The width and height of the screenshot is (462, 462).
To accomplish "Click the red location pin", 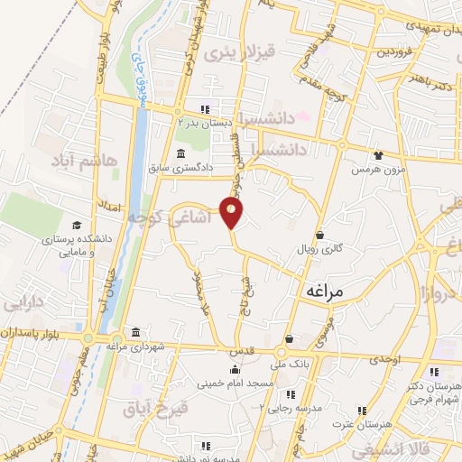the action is tap(233, 213).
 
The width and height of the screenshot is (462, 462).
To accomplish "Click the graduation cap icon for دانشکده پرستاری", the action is tap(77, 225).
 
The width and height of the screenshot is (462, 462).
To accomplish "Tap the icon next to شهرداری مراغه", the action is tap(135, 330).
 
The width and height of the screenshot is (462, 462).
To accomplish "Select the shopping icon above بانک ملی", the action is tap(289, 339).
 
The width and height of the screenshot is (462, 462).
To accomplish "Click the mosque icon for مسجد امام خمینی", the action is tap(235, 369).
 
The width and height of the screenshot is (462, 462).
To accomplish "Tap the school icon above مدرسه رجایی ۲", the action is tap(290, 394).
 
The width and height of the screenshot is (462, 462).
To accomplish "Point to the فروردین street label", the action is tap(393, 51).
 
